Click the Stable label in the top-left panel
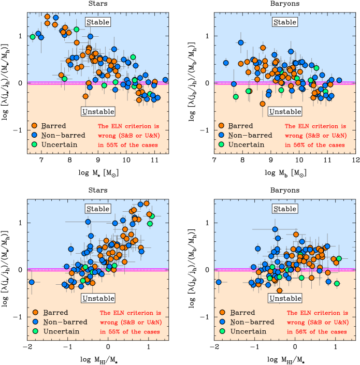pyautogui.click(x=98, y=22)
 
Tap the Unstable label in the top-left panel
pyautogui.click(x=98, y=112)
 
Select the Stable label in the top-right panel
pyautogui.click(x=285, y=22)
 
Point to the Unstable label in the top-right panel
pyautogui.click(x=285, y=112)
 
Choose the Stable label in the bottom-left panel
pyautogui.click(x=98, y=209)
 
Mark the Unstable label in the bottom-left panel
pyautogui.click(x=98, y=299)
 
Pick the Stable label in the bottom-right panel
pyautogui.click(x=285, y=209)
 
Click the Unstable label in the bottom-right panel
pyautogui.click(x=285, y=299)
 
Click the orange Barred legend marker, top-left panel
pyautogui.click(x=35, y=126)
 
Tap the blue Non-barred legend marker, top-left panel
pyautogui.click(x=35, y=135)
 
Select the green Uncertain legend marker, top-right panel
pyautogui.click(x=222, y=144)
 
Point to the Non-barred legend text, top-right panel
pyautogui.click(x=250, y=135)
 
